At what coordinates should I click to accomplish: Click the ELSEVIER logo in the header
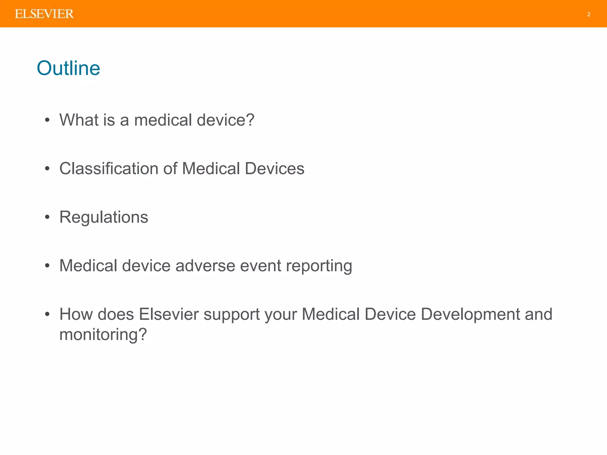pos(44,14)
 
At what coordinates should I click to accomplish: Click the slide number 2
pos(589,14)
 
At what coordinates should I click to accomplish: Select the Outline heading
pos(68,68)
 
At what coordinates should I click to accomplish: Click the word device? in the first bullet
pos(225,120)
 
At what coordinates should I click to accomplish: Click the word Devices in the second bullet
pos(274,169)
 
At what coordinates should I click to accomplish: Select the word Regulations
pos(104,217)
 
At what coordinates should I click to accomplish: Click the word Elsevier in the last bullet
pos(169,314)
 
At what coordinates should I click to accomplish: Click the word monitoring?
pos(103,335)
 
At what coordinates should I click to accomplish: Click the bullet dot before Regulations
pos(47,217)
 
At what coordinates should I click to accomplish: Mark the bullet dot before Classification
pos(47,169)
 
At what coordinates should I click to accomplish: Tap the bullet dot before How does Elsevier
pos(47,314)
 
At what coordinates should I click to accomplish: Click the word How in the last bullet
pos(76,314)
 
